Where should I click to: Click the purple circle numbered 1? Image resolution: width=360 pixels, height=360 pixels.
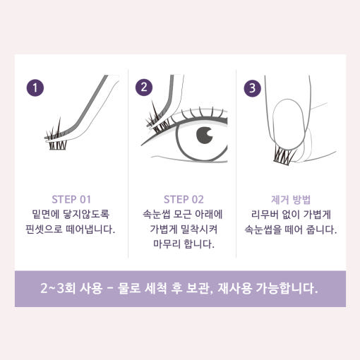pyautogui.click(x=35, y=88)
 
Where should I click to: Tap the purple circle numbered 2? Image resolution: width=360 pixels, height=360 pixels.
pyautogui.click(x=144, y=88)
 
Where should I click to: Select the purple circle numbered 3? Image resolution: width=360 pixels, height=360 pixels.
pyautogui.click(x=252, y=88)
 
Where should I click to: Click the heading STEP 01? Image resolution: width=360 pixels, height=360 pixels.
pyautogui.click(x=71, y=200)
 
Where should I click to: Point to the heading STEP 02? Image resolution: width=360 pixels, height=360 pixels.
pyautogui.click(x=184, y=200)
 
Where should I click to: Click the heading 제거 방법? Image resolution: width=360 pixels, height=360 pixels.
pyautogui.click(x=291, y=200)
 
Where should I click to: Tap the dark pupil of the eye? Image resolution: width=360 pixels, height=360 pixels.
pyautogui.click(x=205, y=135)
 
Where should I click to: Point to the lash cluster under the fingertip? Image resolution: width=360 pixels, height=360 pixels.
pyautogui.click(x=284, y=155)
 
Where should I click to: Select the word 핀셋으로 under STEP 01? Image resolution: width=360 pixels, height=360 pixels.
pyautogui.click(x=44, y=229)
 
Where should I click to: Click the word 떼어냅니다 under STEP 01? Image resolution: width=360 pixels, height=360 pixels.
pyautogui.click(x=90, y=229)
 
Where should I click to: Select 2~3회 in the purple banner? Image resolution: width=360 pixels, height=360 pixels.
pyautogui.click(x=58, y=288)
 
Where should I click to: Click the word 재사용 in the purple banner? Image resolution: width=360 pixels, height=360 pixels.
pyautogui.click(x=235, y=288)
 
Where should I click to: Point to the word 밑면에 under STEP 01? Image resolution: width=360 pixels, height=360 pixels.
pyautogui.click(x=45, y=215)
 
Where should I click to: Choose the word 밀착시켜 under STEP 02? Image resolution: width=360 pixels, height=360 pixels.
pyautogui.click(x=199, y=229)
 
